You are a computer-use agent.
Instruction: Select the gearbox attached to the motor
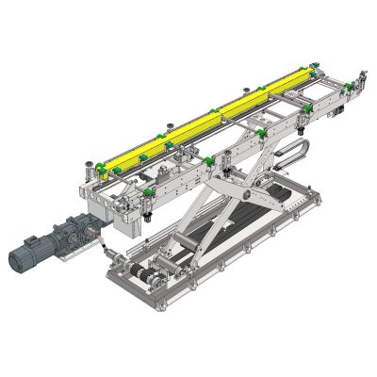coord(75,230)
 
